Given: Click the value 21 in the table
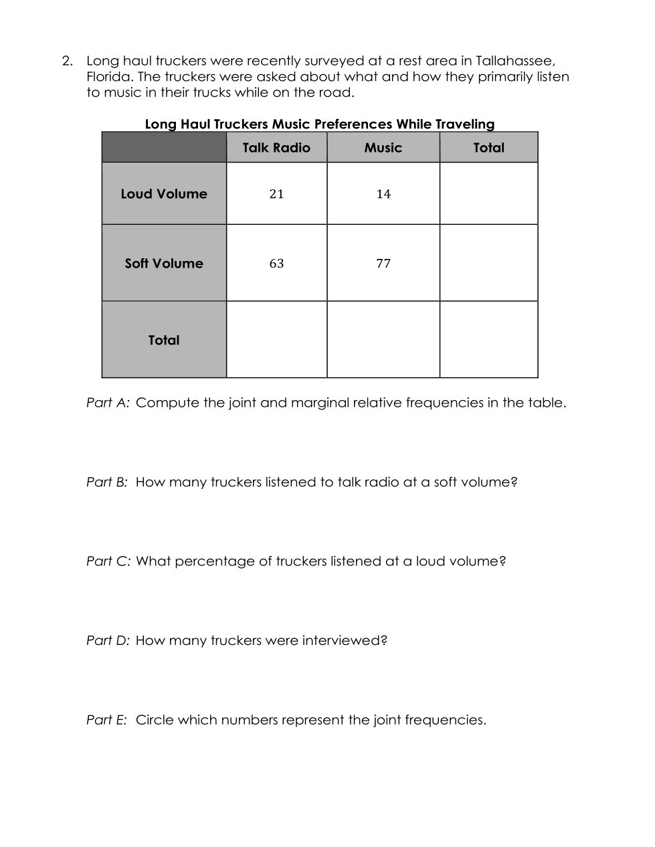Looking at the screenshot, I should [x=276, y=194].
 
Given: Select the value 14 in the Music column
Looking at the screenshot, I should [x=383, y=194].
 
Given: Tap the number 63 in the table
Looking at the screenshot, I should [x=276, y=264].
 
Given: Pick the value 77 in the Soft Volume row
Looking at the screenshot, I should [x=383, y=264].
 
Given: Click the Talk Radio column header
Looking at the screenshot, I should [x=276, y=148].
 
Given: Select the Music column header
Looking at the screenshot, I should [x=383, y=148].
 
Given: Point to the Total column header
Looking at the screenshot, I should [x=488, y=148].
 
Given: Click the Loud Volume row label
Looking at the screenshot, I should [x=164, y=194].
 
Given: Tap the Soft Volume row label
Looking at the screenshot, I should [x=164, y=264].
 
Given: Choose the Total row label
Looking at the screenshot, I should [x=164, y=340].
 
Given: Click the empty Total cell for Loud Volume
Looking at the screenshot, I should [x=488, y=194].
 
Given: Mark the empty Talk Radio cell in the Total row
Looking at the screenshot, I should [x=276, y=340].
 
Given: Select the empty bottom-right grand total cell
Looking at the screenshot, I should [x=488, y=340].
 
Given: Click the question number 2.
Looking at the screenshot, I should [x=67, y=62].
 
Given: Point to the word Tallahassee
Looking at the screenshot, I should [x=514, y=62].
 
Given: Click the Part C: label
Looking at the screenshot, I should [x=108, y=561].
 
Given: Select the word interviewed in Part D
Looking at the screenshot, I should [x=345, y=640].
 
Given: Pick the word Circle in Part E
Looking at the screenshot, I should [x=155, y=720].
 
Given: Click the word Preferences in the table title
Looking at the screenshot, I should [x=353, y=124].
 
